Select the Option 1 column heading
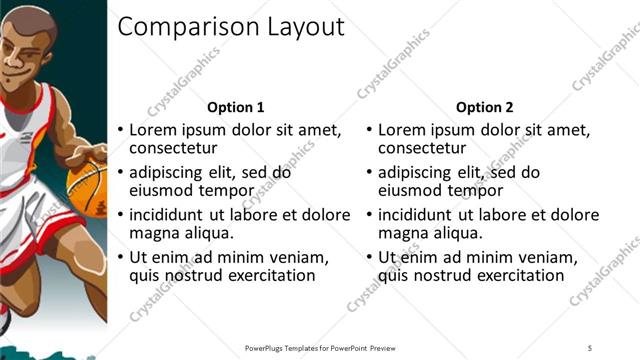pos(235,107)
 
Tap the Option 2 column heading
pos(485,107)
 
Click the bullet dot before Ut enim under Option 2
pos(370,257)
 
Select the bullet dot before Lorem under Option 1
pos(121,130)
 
